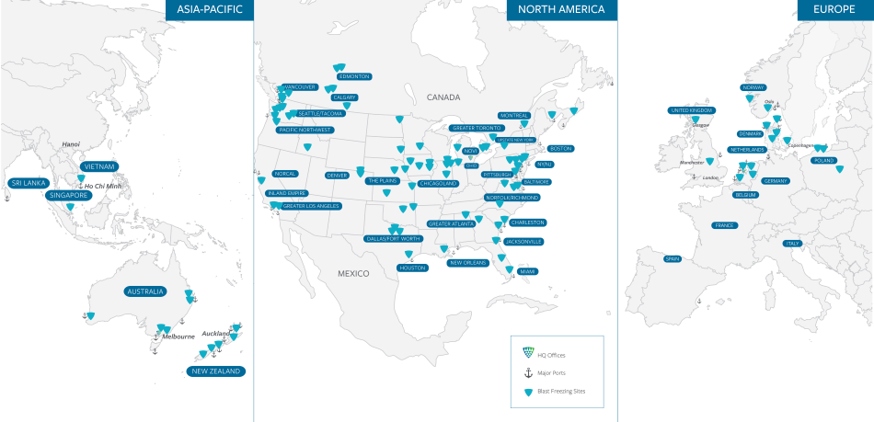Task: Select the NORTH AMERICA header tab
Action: click(561, 9)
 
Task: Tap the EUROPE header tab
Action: click(834, 9)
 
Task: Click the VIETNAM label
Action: click(98, 166)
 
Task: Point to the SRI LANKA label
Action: click(28, 183)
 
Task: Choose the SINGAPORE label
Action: click(68, 195)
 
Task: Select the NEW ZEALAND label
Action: click(214, 371)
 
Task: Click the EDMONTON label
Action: click(354, 76)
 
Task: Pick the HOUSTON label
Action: click(412, 268)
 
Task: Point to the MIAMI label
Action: click(527, 271)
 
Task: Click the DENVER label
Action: click(337, 175)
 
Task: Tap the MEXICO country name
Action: click(352, 273)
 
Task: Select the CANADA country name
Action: click(443, 97)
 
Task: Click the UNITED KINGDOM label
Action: click(691, 110)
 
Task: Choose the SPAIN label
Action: click(673, 258)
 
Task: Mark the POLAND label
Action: click(823, 161)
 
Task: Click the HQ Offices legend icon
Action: click(528, 353)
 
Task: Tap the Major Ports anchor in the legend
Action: click(528, 372)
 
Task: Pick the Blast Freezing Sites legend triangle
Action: click(528, 392)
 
